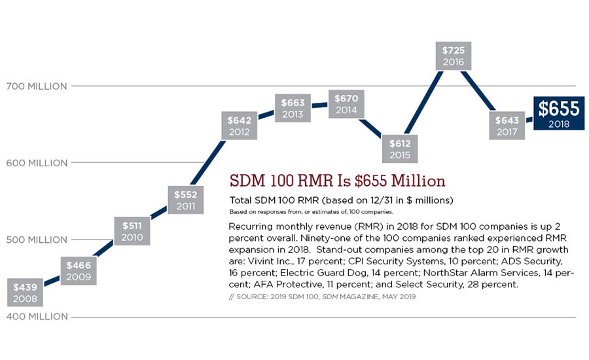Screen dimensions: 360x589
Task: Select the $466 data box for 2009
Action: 80,271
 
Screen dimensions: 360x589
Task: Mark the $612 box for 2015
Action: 400,149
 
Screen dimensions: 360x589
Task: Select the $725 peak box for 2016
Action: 453,56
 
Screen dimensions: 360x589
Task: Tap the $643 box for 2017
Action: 507,126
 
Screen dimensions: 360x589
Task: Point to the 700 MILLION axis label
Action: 37,86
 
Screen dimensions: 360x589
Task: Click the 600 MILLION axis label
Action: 37,163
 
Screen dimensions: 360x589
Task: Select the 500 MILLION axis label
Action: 37,240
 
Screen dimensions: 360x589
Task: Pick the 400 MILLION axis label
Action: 37,317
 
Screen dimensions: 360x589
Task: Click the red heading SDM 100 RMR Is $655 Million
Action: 338,181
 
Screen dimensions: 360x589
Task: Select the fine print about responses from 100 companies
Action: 311,211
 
